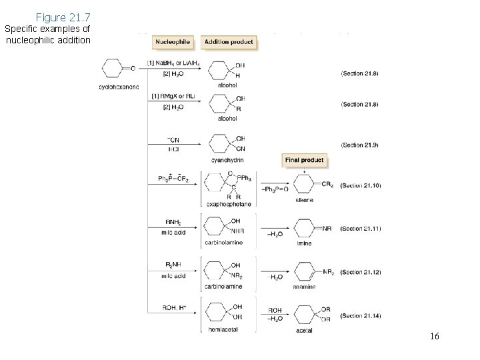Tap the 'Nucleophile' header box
tap(173, 42)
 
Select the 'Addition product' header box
tap(228, 42)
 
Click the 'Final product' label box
tap(305, 160)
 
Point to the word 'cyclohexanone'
tap(119, 87)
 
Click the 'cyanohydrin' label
tap(227, 160)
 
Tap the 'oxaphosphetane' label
tap(228, 204)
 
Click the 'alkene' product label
tap(303, 199)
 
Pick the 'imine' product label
tap(303, 244)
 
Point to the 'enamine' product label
tap(303, 287)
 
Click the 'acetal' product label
tap(303, 329)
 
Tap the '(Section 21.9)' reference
tap(359, 144)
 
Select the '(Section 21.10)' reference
tap(359, 185)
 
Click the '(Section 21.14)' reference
tap(359, 315)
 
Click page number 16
tap(434, 336)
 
